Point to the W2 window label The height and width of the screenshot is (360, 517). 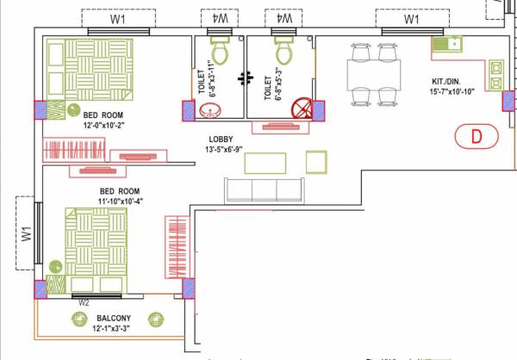tap(84, 302)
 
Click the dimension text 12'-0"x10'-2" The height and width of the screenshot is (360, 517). tap(105, 124)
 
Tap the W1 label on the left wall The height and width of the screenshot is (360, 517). tap(27, 234)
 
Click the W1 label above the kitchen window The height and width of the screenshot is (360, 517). tap(411, 18)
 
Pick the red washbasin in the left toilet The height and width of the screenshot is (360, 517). tap(210, 110)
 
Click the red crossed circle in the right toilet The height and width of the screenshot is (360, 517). tap(300, 109)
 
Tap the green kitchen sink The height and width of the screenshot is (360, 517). tap(450, 43)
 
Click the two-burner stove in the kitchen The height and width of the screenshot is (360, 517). tap(496, 75)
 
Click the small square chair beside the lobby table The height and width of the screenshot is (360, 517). tap(316, 162)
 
